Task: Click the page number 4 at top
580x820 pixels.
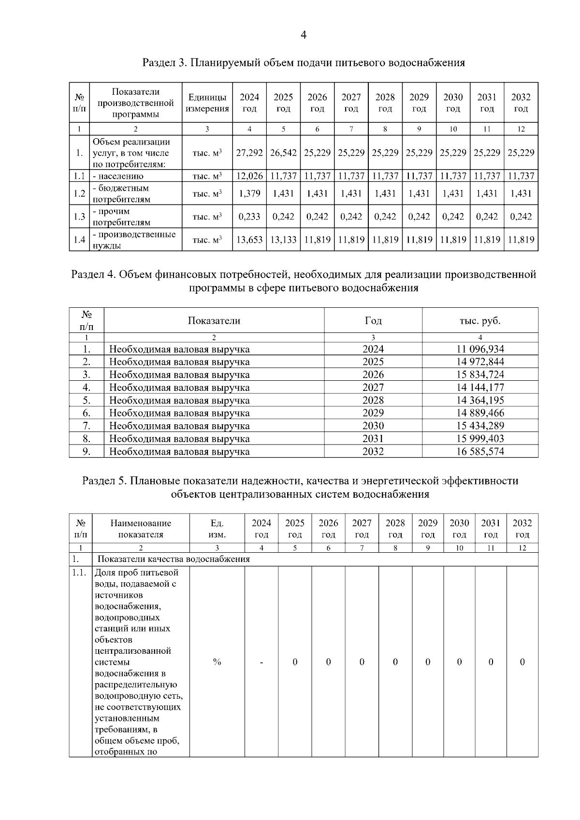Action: [304, 35]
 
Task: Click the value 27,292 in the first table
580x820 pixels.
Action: [249, 153]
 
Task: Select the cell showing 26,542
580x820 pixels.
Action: [283, 153]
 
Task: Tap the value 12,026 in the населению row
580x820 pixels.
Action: [249, 176]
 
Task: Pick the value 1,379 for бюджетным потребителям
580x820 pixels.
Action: [249, 193]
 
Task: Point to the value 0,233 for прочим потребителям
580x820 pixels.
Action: [249, 216]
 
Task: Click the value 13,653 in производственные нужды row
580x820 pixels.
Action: [249, 240]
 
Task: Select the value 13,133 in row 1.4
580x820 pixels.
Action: [283, 240]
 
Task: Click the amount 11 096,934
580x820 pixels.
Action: [480, 349]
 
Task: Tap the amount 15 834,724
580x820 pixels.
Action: [480, 374]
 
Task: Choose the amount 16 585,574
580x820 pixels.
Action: [480, 451]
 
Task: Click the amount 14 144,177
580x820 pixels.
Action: [480, 388]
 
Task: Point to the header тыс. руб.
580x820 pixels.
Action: [480, 321]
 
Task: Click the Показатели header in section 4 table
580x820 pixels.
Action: [214, 321]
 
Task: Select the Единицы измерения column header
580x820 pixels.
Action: [207, 103]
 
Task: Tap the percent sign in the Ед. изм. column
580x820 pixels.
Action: [217, 662]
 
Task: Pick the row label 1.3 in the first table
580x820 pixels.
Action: [79, 217]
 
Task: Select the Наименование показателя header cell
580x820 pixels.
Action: [141, 529]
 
